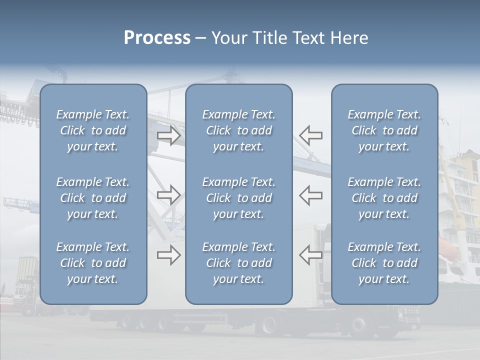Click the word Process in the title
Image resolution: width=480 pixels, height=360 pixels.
coord(157,38)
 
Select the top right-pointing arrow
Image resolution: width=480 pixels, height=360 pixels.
coord(169,135)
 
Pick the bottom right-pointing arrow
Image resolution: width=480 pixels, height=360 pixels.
coord(169,255)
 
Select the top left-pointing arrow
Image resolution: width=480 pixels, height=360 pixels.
coord(311,135)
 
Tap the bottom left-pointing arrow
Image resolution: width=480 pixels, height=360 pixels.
coord(311,255)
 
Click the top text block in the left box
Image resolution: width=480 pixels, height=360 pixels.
coord(93,130)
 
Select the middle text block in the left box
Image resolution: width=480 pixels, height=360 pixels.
coord(93,198)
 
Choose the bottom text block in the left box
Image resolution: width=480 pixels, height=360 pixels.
coord(93,263)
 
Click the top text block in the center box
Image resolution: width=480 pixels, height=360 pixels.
coord(239,130)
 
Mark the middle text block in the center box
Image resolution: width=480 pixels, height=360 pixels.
coord(239,198)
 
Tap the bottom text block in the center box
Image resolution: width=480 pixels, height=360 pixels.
coord(239,263)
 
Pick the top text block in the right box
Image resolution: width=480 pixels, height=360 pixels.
coord(384,130)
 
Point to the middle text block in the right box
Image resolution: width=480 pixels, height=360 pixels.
coord(384,198)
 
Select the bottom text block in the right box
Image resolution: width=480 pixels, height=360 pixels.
coord(384,263)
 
